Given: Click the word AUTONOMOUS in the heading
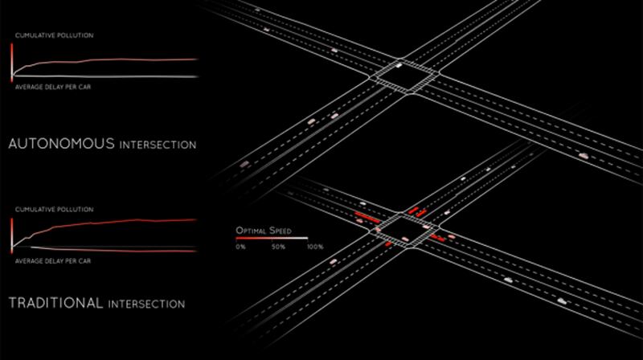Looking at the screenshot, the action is point(62,144).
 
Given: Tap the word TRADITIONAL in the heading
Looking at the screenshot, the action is point(55,303).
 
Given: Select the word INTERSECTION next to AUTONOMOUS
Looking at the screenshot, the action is point(158,145).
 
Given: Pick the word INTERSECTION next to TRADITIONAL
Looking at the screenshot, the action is point(146,305).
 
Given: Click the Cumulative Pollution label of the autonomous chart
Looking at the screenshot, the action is point(55,35).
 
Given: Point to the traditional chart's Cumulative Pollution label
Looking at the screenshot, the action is point(55,210).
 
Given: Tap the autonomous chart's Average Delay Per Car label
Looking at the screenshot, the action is point(53,87).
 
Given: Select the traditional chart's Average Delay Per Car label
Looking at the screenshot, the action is point(53,261).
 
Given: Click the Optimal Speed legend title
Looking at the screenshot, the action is point(264,231).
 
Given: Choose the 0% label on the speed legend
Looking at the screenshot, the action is point(240,247).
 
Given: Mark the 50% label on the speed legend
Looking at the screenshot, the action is point(278,247).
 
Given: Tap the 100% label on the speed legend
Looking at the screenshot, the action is point(315,247).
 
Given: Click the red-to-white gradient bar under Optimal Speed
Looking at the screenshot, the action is point(272,238).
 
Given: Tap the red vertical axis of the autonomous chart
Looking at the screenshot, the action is point(12,63).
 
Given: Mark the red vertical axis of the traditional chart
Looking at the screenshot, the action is point(12,235).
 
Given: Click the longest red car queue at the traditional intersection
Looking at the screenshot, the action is point(367,217).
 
